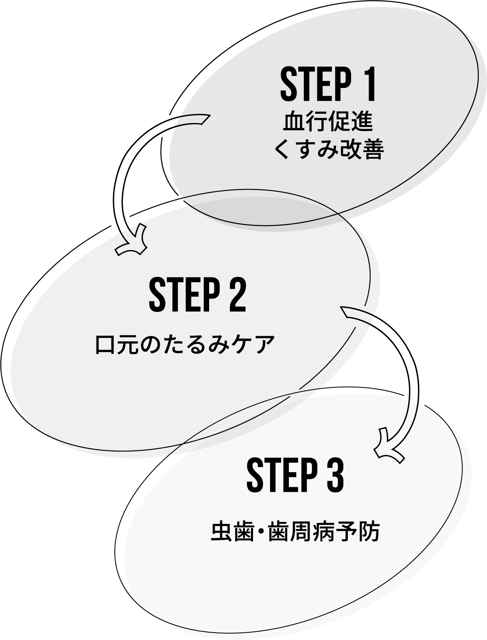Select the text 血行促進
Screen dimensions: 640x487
pos(328,122)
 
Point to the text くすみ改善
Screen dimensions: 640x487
pos(328,150)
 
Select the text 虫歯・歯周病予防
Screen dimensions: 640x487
pos(295,532)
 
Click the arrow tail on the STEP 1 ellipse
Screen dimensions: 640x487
pos(193,120)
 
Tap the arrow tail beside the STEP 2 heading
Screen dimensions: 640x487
pos(354,314)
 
